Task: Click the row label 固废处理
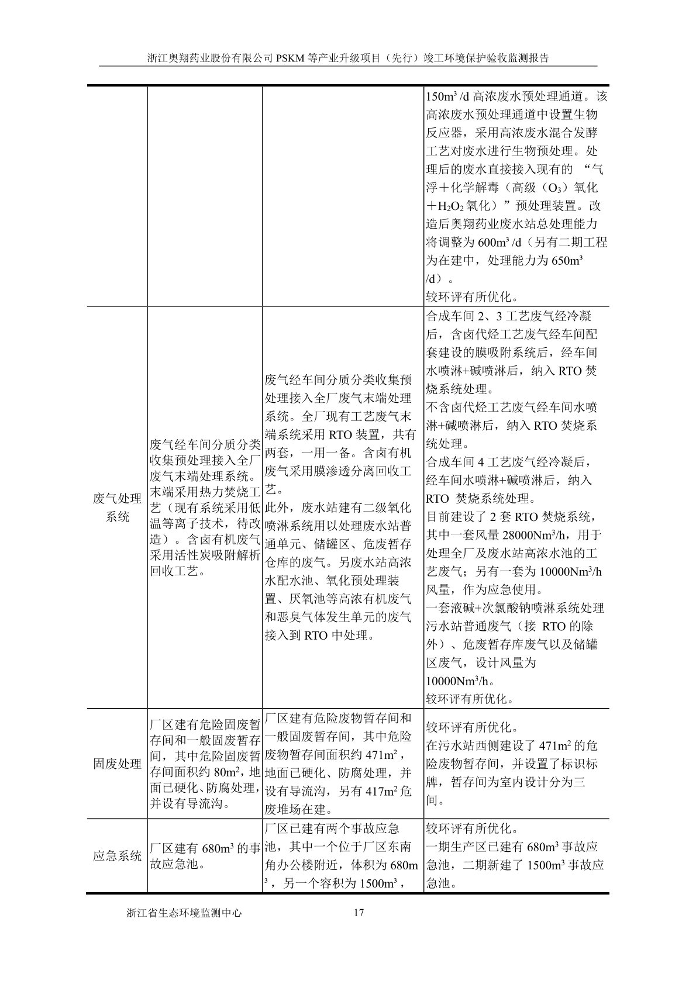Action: pyautogui.click(x=117, y=764)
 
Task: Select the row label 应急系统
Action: pyautogui.click(x=117, y=856)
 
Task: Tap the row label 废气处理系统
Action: pyautogui.click(x=117, y=507)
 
